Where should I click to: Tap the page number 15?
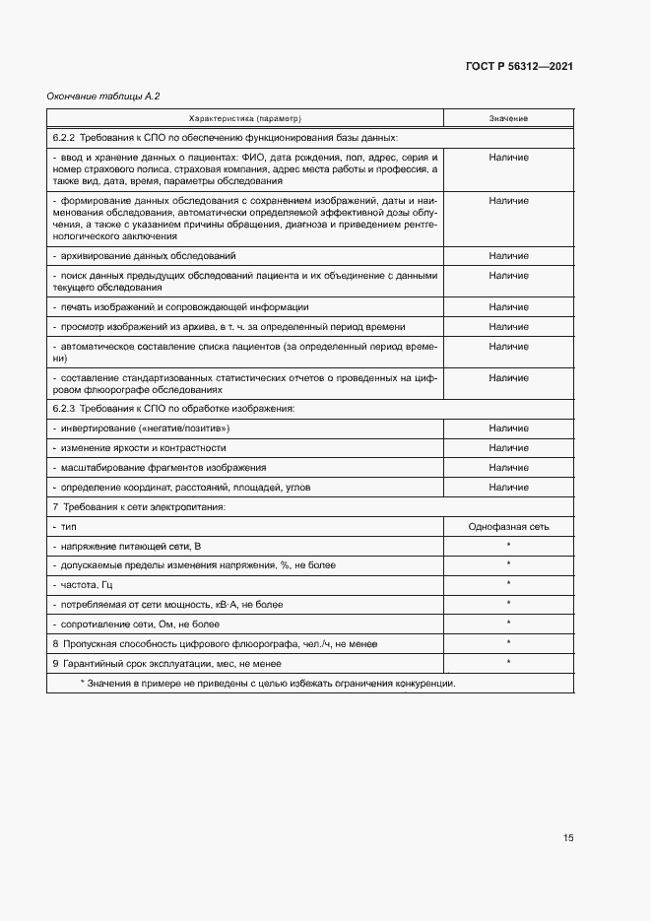coord(568,838)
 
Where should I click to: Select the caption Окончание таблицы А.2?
coord(103,97)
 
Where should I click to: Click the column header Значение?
coord(508,118)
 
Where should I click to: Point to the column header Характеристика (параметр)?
coord(245,118)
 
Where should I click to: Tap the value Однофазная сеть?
coord(508,527)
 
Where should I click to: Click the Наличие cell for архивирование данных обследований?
coord(508,256)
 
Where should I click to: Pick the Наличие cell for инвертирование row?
coord(508,428)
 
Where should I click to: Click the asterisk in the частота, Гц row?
coord(508,584)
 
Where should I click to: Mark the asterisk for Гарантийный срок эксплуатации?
coord(508,662)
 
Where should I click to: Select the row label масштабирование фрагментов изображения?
coord(158,468)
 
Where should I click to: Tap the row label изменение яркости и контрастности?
coord(144,448)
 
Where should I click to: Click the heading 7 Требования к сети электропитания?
coord(139,506)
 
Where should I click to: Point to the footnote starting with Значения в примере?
coord(267,684)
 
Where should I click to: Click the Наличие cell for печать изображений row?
coord(508,307)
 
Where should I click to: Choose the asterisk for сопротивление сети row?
coord(508,623)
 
